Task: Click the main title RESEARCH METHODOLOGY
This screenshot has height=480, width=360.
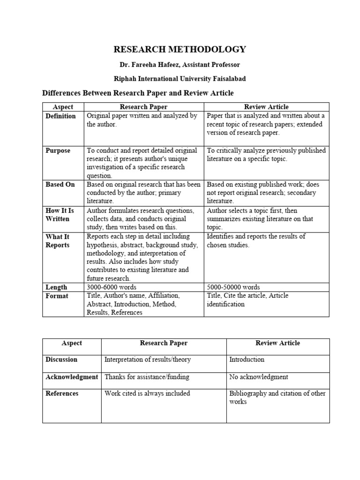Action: pos(180,49)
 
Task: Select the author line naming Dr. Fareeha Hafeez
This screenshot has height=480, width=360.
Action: pos(180,64)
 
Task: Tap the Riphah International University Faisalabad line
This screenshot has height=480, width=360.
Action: pos(180,78)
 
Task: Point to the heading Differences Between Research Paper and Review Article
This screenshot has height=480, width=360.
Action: pos(138,93)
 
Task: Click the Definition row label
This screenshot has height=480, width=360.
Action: pos(60,116)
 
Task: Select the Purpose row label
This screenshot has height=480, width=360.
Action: pos(58,150)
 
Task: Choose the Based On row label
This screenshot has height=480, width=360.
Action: pos(60,184)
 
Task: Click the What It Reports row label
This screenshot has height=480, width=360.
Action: pos(58,240)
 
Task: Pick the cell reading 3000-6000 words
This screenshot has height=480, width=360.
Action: pos(112,287)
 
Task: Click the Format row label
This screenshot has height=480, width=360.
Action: pos(57,296)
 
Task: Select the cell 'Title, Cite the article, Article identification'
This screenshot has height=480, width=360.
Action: pos(247,300)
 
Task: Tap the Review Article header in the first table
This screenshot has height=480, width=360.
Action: pos(266,107)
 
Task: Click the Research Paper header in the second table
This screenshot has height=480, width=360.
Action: pos(164,343)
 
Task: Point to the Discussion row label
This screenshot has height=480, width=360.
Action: pos(61,360)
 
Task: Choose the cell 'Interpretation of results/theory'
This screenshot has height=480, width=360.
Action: pos(148,360)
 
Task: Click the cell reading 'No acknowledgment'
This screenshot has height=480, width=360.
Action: pos(259,377)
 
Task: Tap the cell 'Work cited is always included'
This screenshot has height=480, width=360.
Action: pos(147,393)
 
